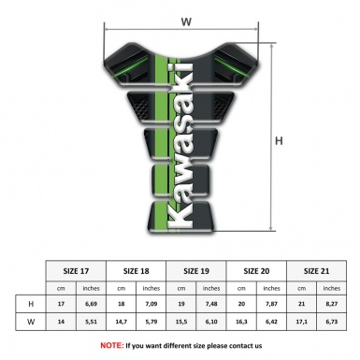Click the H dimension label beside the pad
[x=279, y=141]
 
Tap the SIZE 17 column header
[x=77, y=269]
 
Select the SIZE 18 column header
[x=137, y=269]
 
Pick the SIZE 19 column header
[x=198, y=269]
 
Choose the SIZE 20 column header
[x=257, y=269]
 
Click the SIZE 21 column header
[x=319, y=269]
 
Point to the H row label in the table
[x=32, y=304]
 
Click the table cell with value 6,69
[x=93, y=304]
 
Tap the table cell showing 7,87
[x=273, y=304]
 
